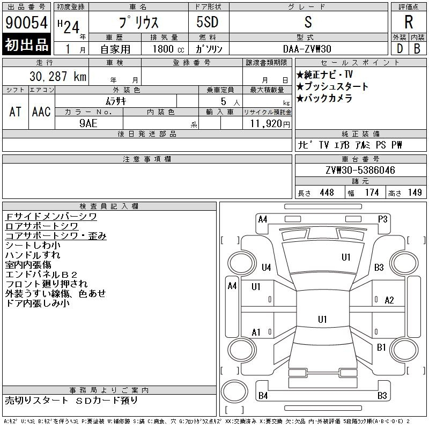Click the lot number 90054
[x=26, y=23]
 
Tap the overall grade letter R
[x=409, y=22]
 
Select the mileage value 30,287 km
[x=58, y=76]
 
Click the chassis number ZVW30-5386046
[x=360, y=170]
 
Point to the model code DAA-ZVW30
[x=307, y=49]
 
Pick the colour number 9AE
[x=88, y=123]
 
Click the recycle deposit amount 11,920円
[x=270, y=124]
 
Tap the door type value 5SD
[x=208, y=22]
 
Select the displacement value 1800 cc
[x=168, y=49]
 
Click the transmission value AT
[x=16, y=112]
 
